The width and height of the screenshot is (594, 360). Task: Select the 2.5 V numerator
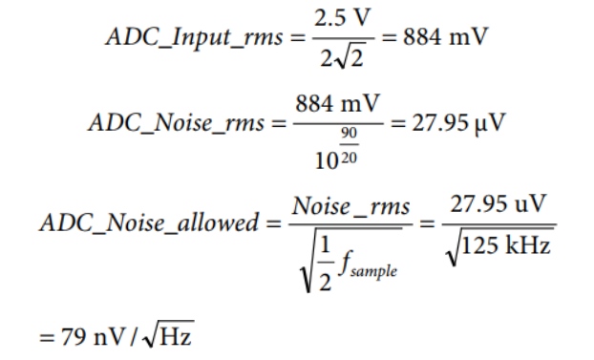tap(343, 18)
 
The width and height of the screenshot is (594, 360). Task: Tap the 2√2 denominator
tap(342, 58)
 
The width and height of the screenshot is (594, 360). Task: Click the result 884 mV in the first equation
tap(445, 37)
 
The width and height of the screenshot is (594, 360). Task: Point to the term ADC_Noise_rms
tap(176, 123)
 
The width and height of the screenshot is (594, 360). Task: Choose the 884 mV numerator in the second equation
tap(337, 103)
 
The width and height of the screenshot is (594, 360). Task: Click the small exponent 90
tap(349, 134)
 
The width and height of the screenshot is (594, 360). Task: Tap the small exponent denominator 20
tap(349, 158)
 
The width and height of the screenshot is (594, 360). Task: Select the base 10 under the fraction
tap(327, 161)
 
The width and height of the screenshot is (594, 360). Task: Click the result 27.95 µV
tap(458, 123)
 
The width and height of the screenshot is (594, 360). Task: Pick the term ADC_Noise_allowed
tap(149, 222)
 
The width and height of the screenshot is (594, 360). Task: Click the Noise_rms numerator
tap(350, 207)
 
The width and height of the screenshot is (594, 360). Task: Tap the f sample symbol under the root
tap(368, 265)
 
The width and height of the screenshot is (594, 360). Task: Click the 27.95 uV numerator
tap(499, 204)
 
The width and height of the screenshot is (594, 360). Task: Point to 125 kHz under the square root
tap(506, 245)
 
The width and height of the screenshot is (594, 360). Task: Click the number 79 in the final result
tap(74, 336)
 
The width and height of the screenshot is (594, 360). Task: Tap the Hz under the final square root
tap(176, 335)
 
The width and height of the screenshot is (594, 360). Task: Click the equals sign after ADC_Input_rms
tap(298, 37)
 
